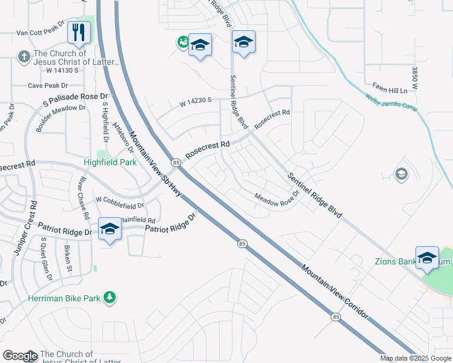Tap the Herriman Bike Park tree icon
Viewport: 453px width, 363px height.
(110, 298)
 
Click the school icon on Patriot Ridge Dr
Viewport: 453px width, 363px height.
(110, 229)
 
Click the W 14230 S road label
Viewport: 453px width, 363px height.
(195, 103)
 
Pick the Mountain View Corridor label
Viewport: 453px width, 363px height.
(335, 285)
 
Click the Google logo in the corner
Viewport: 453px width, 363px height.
(20, 356)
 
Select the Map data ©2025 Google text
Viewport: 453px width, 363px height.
(415, 358)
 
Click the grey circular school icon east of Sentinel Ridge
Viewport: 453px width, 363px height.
(400, 175)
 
